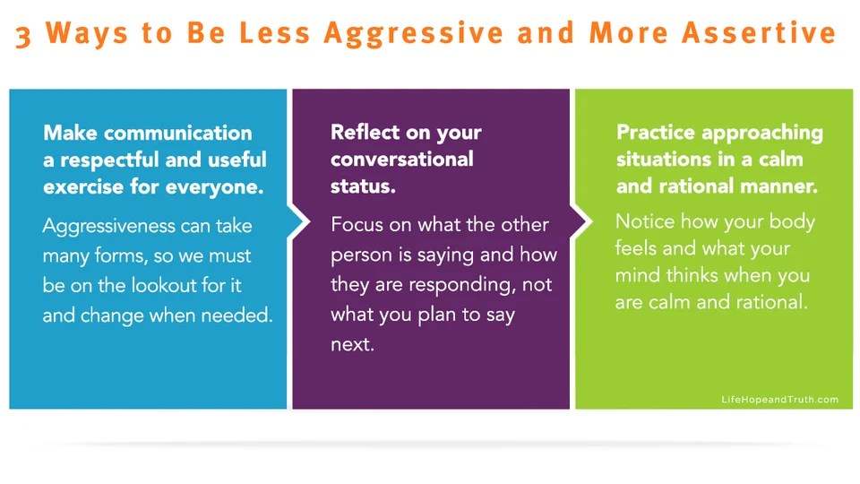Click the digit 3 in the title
coord(25,35)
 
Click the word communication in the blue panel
coord(177,134)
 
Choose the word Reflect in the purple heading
coord(365,133)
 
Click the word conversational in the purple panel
coord(401,160)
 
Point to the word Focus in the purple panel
coord(357,224)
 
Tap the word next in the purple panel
coord(351,344)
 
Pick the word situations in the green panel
coord(665,160)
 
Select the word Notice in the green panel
coord(645,221)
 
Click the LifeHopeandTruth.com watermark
coord(779,400)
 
